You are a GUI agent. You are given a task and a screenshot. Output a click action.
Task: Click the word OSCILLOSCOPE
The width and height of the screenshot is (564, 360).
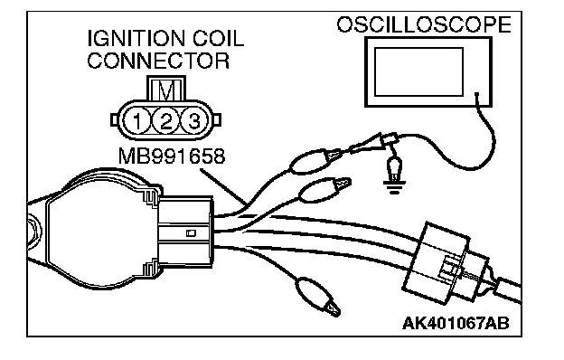[424, 24]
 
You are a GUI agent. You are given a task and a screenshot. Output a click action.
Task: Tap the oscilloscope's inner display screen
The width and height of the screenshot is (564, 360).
[418, 72]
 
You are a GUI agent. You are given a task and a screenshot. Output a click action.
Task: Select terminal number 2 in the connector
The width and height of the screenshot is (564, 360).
[165, 121]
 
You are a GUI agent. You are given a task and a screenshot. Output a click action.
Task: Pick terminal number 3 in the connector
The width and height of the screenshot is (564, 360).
[193, 121]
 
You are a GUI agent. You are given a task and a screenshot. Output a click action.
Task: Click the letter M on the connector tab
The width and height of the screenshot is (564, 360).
[166, 90]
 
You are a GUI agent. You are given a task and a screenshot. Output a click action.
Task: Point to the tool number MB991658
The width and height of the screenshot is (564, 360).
[172, 156]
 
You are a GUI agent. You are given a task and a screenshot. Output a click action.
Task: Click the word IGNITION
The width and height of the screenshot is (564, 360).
[136, 39]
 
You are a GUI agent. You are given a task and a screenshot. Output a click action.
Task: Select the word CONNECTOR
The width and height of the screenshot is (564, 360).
[158, 61]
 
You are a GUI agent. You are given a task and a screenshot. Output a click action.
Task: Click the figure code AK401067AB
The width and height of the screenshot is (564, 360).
[456, 323]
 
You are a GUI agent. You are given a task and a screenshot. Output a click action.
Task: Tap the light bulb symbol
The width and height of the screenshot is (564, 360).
[395, 168]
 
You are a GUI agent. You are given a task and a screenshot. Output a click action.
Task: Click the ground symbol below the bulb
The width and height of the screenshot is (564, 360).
[395, 187]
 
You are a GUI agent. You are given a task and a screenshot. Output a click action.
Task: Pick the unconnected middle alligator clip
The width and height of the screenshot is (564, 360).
[324, 190]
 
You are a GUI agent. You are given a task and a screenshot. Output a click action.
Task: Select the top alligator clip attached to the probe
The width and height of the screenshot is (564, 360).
[315, 161]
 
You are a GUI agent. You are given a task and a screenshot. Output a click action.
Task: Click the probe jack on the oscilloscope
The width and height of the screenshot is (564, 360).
[477, 95]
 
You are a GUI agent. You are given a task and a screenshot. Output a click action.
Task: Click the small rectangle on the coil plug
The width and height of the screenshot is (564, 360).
[191, 233]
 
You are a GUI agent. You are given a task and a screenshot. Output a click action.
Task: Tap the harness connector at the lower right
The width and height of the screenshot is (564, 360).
[445, 263]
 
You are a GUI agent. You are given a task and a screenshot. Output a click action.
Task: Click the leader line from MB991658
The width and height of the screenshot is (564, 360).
[223, 186]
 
